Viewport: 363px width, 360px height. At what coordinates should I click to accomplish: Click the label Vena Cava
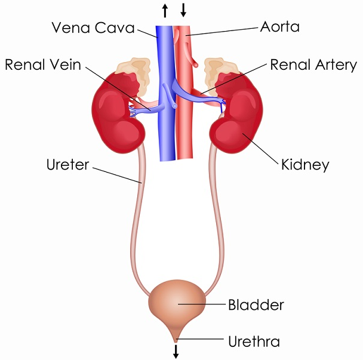pyautogui.click(x=93, y=27)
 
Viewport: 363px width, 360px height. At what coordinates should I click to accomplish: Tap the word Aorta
pyautogui.click(x=279, y=27)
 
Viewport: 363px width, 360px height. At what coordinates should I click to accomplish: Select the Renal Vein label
pyautogui.click(x=43, y=64)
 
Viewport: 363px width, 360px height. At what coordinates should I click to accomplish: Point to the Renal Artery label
pyautogui.click(x=313, y=65)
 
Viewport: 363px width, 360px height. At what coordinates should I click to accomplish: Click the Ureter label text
pyautogui.click(x=67, y=165)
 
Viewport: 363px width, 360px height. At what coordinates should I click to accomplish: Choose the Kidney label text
pyautogui.click(x=305, y=165)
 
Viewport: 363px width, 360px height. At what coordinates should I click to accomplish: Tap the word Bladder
pyautogui.click(x=256, y=304)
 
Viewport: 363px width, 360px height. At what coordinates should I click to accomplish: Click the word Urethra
pyautogui.click(x=254, y=341)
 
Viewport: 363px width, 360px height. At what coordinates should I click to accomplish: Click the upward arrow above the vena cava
pyautogui.click(x=165, y=11)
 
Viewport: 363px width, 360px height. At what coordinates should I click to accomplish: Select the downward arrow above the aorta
pyautogui.click(x=183, y=10)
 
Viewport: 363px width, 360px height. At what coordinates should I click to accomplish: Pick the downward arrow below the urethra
pyautogui.click(x=176, y=352)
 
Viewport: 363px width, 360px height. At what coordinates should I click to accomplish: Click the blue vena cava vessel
pyautogui.click(x=166, y=93)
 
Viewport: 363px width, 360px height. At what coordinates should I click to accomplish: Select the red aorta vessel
pyautogui.click(x=184, y=93)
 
